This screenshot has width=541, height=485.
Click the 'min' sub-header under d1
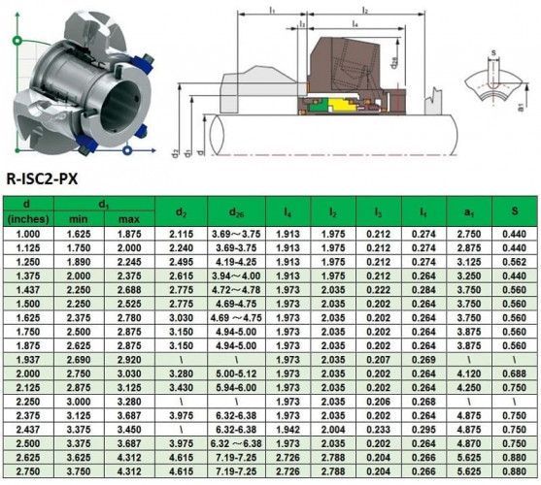click(x=78, y=219)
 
